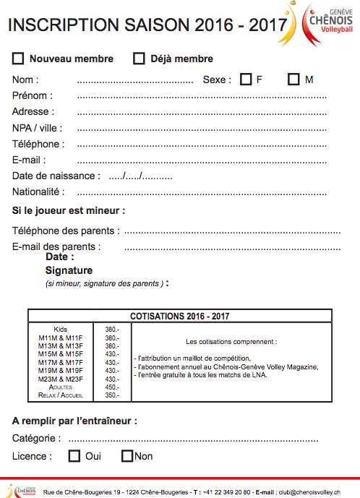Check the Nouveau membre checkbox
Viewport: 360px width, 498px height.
point(19,59)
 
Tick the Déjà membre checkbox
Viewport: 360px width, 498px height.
point(139,59)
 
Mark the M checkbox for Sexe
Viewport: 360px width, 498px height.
point(293,80)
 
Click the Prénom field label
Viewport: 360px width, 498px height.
point(32,95)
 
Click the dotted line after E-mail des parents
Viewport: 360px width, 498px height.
point(232,247)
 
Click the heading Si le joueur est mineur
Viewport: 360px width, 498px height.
point(69,211)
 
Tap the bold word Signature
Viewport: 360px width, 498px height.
point(69,270)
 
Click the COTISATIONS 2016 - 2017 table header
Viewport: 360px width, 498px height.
point(180,316)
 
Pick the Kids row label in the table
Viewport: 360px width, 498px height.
point(61,329)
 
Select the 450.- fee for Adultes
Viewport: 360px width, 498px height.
point(112,387)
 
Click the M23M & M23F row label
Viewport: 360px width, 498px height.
point(61,379)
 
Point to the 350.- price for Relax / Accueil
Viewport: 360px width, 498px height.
point(112,395)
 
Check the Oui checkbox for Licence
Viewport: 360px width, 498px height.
point(74,456)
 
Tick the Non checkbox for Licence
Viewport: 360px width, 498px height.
point(127,456)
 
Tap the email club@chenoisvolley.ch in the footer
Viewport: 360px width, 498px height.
point(309,491)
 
